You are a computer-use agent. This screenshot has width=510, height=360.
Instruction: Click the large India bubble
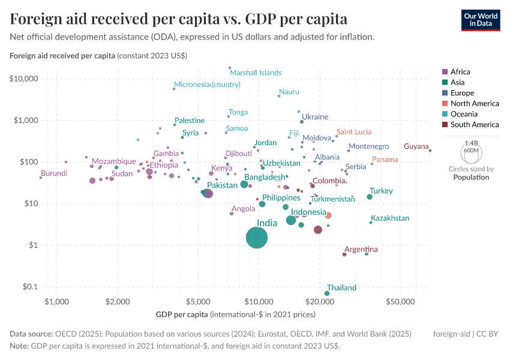(257, 238)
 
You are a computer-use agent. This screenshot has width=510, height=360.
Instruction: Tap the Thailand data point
(327, 293)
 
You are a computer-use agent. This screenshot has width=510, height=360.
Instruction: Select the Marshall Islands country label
(256, 73)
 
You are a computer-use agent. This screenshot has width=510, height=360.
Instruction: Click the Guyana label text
(416, 146)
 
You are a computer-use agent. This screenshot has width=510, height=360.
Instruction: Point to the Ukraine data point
(302, 122)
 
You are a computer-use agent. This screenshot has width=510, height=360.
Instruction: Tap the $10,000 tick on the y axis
(24, 79)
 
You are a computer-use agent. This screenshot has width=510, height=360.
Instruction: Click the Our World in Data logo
(481, 19)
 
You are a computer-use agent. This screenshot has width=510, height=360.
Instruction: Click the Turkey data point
(370, 197)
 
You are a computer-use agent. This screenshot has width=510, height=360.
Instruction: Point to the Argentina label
(361, 249)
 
